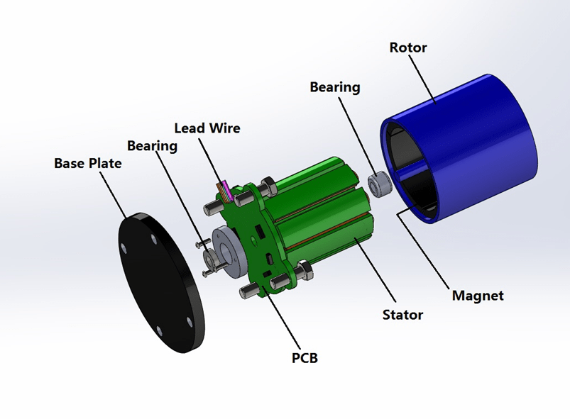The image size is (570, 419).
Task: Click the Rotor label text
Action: pos(408,48)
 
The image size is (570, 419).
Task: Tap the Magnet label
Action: pos(478,295)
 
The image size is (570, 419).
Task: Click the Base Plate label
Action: pos(88,163)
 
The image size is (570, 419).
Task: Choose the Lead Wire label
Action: pos(207,128)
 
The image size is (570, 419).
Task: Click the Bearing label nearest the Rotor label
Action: pos(334,87)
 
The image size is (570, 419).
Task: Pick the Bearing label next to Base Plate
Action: pos(152,146)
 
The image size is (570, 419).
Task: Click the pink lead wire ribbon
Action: pos(226,190)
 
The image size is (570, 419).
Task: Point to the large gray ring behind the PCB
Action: pos(229,252)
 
